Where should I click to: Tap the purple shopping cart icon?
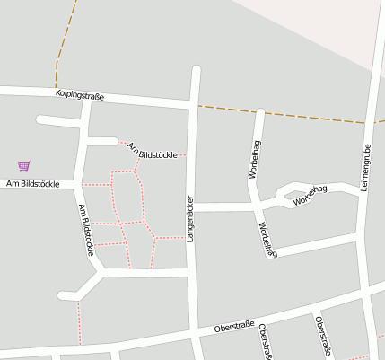[23, 165]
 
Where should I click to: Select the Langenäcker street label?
[190, 219]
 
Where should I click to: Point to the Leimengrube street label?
[366, 167]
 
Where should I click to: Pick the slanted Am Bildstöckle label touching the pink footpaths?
[151, 150]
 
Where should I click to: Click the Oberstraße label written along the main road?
[234, 327]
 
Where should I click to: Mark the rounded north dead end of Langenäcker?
[196, 70]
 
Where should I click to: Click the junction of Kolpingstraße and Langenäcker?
[194, 106]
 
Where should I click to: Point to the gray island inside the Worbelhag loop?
[293, 192]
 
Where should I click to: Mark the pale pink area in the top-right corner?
[341, 22]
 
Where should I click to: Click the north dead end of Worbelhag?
[259, 113]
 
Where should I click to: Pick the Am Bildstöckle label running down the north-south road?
[86, 230]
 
